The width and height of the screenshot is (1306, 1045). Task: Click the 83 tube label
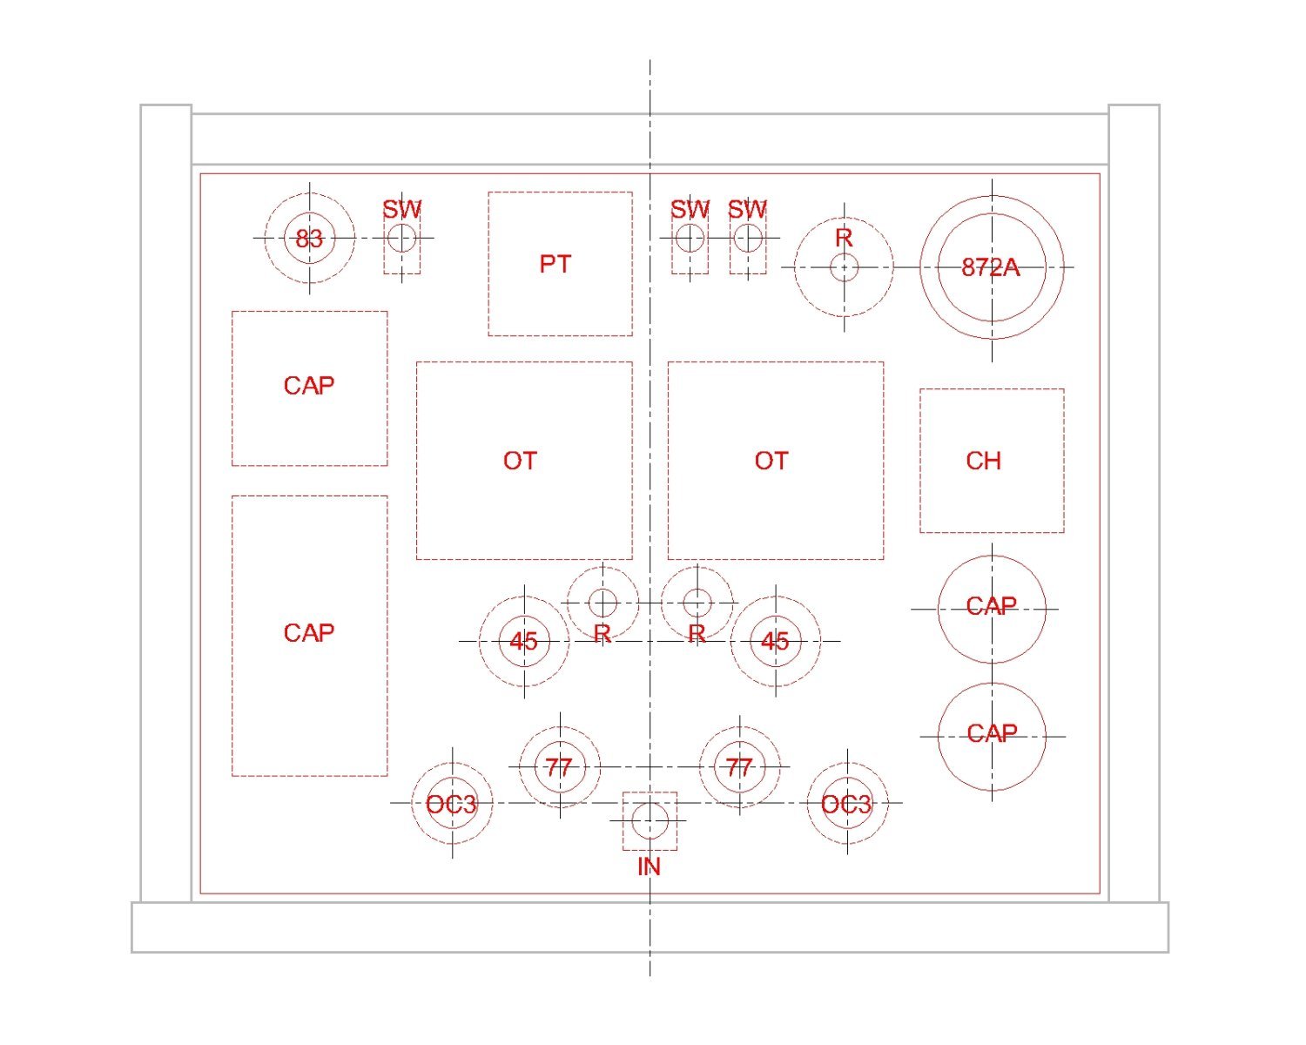click(309, 239)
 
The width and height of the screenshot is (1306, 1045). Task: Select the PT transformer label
click(555, 264)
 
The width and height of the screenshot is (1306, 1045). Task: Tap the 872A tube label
click(991, 267)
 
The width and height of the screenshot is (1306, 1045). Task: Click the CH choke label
click(983, 461)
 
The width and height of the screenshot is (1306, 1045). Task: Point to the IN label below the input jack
click(649, 866)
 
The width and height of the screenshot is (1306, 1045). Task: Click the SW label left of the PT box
click(401, 210)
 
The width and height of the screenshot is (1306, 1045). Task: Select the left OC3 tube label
click(452, 805)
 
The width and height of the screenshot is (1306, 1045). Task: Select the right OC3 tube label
click(846, 805)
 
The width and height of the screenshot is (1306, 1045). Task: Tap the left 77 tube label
click(558, 768)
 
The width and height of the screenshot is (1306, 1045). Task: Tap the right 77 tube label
click(738, 768)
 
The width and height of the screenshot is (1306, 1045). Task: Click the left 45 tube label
click(523, 641)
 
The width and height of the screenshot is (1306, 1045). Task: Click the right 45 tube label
click(775, 641)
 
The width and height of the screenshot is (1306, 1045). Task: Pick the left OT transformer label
click(520, 461)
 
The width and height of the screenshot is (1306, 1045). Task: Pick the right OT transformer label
click(771, 461)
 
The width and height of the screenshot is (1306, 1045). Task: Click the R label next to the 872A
click(844, 238)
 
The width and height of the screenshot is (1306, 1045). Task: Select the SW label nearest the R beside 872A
click(747, 210)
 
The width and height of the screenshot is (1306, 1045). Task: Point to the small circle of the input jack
click(650, 820)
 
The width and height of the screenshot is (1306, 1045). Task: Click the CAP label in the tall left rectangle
click(309, 633)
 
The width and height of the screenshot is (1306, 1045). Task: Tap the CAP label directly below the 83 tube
click(309, 386)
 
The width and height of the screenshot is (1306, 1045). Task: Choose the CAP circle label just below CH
click(991, 606)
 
